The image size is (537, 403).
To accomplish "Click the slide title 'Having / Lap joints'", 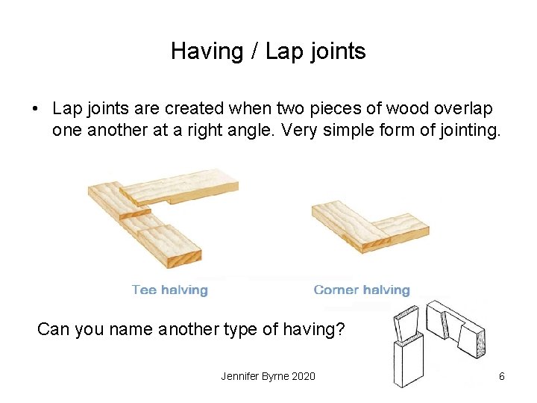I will [268, 51].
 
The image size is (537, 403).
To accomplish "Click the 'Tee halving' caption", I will [169, 290].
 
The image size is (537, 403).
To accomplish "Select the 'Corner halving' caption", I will [362, 290].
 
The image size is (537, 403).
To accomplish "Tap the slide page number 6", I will [501, 376].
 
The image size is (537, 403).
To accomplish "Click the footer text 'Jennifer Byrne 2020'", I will [268, 376].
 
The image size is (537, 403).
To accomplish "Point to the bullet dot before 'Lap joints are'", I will [35, 109].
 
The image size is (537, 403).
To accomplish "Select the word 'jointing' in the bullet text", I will [473, 132].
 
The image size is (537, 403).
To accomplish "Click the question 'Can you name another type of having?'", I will [191, 328].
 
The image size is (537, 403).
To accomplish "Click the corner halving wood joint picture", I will [369, 224].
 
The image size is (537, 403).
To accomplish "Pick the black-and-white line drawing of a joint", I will [436, 343].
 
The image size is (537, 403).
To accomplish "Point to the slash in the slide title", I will [253, 51].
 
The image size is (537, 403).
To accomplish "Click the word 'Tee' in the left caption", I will [143, 290].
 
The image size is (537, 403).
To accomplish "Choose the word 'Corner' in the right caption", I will [336, 290].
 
